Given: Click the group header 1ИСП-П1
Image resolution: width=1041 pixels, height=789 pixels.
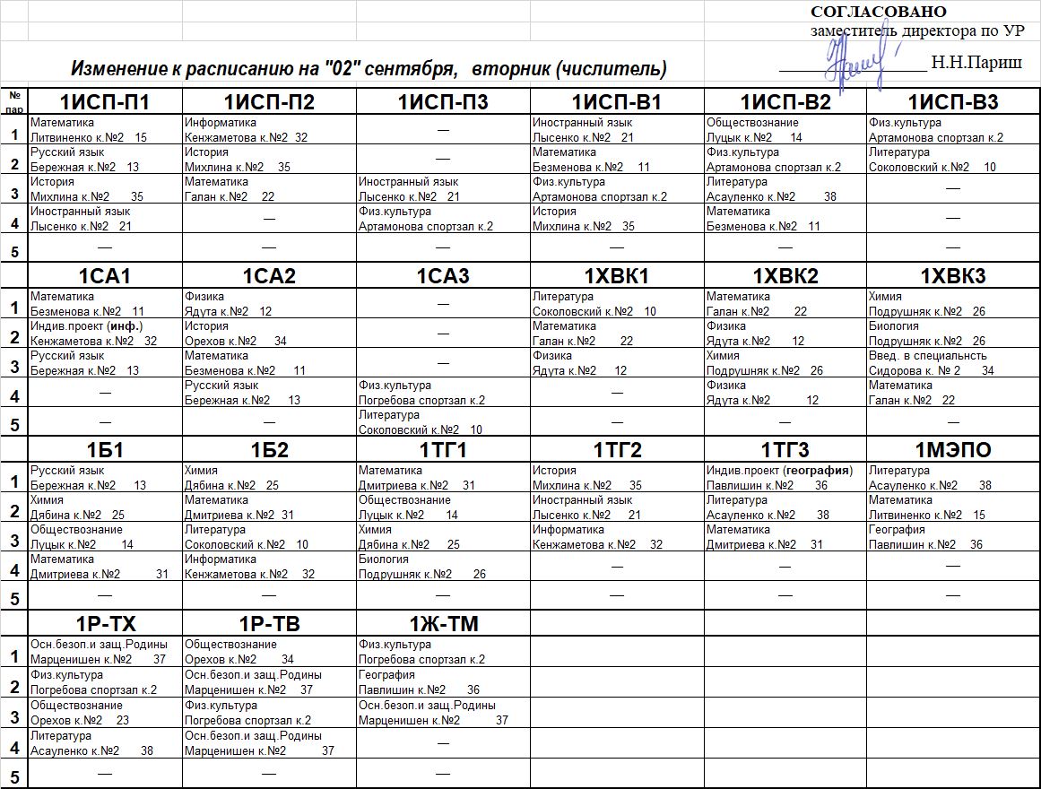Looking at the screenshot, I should (105, 102).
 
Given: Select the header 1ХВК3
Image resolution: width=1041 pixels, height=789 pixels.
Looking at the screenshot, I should (953, 276).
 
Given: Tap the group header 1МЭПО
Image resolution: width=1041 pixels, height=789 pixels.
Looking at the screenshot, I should (953, 450).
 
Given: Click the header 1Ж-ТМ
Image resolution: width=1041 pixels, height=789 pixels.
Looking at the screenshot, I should (443, 624).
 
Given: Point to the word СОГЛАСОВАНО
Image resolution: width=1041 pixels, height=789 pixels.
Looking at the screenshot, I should (878, 12).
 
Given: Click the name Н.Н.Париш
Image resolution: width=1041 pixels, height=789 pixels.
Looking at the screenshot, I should (976, 63).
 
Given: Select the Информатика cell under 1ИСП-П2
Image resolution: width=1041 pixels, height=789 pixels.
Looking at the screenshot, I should (269, 130).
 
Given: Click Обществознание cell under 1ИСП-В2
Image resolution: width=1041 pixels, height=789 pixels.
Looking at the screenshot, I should (785, 130).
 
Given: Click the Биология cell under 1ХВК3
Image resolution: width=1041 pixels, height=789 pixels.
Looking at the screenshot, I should (953, 334).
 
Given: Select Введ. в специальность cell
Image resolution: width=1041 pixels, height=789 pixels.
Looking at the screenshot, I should (953, 363).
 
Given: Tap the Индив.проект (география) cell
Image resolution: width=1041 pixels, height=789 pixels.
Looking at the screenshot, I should (785, 478).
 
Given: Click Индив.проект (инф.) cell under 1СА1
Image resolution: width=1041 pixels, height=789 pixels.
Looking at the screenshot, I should (105, 334).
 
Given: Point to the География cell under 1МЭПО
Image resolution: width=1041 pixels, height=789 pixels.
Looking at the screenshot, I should (953, 537).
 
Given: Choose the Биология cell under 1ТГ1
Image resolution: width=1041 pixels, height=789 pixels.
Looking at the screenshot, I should (443, 567).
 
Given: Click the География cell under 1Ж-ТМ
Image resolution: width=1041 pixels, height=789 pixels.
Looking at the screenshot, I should (443, 682).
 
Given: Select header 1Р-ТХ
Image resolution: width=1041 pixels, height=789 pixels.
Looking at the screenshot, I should (105, 624).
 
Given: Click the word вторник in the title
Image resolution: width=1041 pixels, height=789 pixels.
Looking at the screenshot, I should (512, 69).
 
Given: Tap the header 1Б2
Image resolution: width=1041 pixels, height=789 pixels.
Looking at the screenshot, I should (269, 450).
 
